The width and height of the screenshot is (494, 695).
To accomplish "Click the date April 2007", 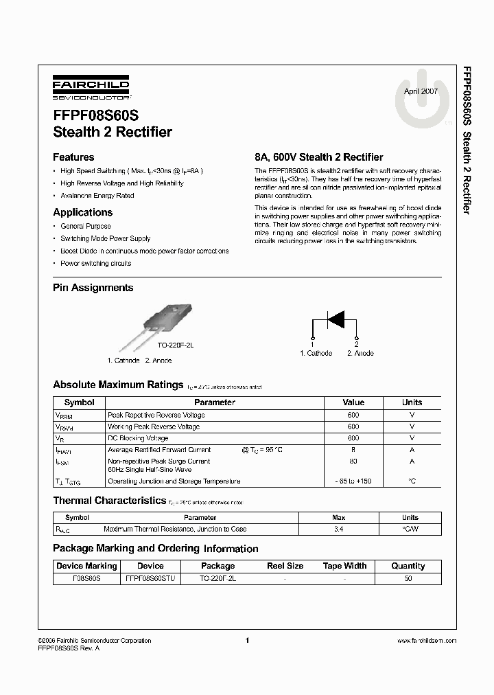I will click(420, 91).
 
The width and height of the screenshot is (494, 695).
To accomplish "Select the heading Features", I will click(73, 157).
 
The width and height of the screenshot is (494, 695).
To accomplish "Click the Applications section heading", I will click(82, 213).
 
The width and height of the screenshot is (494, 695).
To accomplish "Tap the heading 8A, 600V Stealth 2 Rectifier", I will click(318, 157).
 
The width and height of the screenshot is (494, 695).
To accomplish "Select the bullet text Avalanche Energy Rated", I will click(97, 196).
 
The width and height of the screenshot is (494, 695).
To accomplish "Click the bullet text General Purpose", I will click(85, 226).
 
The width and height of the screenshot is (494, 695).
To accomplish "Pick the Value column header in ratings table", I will click(353, 402).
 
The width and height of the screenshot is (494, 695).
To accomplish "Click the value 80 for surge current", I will click(353, 462).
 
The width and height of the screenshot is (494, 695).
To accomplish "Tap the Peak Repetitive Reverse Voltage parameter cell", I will click(156, 415).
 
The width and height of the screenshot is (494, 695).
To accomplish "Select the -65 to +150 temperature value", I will click(353, 481).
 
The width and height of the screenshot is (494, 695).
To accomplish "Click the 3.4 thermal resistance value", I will click(338, 529).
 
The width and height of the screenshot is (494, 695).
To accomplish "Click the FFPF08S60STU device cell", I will click(150, 579).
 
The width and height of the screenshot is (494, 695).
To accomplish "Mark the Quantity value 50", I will click(408, 579).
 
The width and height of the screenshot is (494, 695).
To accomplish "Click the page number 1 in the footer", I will click(246, 640).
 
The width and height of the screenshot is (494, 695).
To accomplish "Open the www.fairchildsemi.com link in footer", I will click(427, 641).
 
